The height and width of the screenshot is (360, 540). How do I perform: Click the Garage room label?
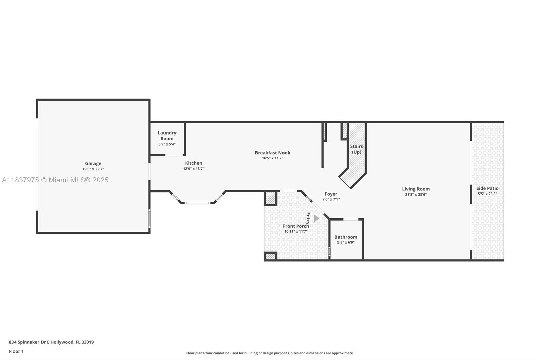tap(93, 163)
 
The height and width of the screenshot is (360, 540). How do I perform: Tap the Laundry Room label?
tap(167, 136)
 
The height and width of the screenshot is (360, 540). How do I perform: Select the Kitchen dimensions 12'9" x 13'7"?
tap(194, 169)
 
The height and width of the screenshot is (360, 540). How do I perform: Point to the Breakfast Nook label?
tap(272, 153)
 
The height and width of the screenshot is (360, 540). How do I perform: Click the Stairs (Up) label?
tap(356, 149)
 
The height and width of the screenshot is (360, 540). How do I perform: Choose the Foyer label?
tap(331, 194)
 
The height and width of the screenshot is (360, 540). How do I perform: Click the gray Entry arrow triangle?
tap(316, 218)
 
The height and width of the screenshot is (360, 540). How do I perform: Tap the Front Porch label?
tap(296, 226)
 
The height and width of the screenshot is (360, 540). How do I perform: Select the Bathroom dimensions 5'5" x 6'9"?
tap(346, 242)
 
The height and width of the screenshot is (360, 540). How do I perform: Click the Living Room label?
tap(416, 189)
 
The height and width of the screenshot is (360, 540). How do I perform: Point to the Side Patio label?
tap(487, 188)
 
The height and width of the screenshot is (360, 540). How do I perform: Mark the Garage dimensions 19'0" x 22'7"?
tap(93, 169)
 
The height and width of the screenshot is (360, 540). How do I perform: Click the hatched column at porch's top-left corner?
tap(270, 198)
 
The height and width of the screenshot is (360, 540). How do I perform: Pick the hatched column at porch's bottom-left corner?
tap(270, 256)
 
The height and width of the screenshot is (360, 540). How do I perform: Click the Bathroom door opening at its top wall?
tap(351, 219)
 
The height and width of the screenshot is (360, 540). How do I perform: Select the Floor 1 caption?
tap(17, 351)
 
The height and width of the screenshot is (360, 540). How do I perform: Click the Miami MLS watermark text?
tap(55, 180)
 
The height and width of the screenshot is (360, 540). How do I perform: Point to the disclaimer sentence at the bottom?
tap(270, 353)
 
